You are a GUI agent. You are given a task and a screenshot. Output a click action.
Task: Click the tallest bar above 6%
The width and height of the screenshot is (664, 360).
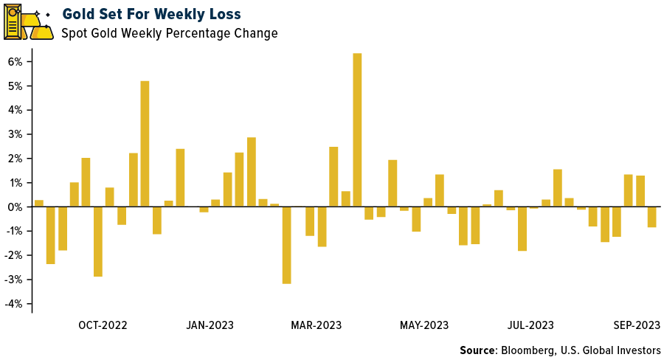pos(357,130)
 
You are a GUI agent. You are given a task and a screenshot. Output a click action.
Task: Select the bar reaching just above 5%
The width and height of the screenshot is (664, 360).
pos(145,144)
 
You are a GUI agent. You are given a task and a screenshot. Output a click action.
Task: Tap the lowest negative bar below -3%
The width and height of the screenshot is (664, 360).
pos(286,245)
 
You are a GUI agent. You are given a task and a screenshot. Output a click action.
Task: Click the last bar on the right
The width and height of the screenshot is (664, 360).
pos(651,217)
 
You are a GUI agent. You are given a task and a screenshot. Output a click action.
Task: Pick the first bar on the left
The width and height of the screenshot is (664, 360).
pos(39,204)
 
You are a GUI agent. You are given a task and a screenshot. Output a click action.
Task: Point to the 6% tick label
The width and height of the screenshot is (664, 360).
pos(15,61)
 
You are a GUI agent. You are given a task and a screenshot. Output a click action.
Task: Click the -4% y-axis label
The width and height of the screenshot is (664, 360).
pos(14,304)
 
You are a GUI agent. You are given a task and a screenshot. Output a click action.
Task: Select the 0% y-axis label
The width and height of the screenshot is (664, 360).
pos(15,207)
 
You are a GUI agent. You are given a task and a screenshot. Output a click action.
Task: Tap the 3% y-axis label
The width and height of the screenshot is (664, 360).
pos(15,134)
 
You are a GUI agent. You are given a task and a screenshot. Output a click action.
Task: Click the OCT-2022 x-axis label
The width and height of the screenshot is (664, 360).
pos(103,325)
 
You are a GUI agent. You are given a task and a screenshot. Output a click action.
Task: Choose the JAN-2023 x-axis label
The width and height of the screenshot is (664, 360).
pos(210,325)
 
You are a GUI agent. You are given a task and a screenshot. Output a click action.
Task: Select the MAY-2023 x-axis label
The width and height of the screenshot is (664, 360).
pos(424,325)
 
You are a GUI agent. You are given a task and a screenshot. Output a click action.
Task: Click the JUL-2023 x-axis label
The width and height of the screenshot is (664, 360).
pos(530,325)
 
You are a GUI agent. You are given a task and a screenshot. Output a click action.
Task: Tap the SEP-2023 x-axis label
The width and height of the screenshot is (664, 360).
pos(636,325)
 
